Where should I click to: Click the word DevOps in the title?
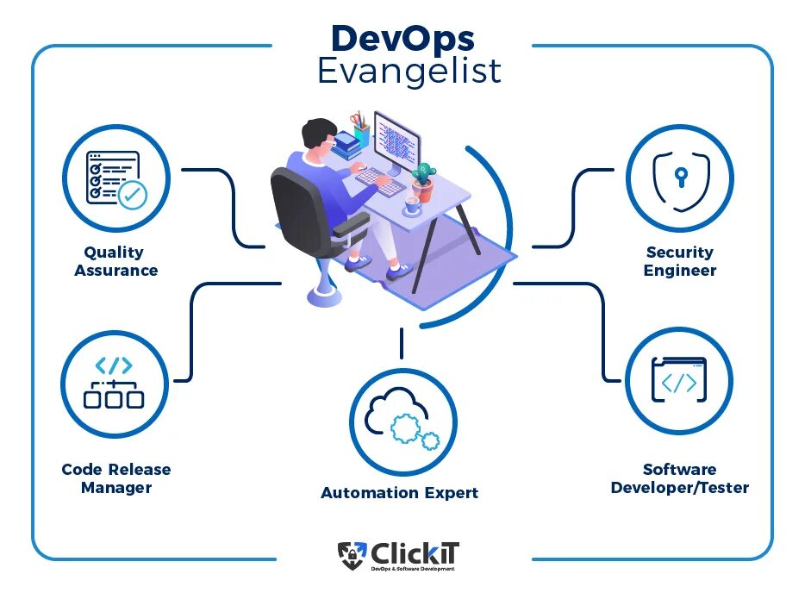click(x=402, y=38)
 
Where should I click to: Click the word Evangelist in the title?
click(x=409, y=71)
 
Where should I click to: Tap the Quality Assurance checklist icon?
click(x=115, y=178)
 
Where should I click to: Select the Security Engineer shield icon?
click(x=680, y=178)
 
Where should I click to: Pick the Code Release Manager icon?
click(x=114, y=383)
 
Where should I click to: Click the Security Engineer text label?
click(x=680, y=261)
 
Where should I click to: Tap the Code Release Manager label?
click(x=116, y=478)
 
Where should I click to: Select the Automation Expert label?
click(x=399, y=493)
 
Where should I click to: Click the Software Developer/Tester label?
click(x=679, y=478)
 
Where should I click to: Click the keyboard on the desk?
click(x=379, y=180)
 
